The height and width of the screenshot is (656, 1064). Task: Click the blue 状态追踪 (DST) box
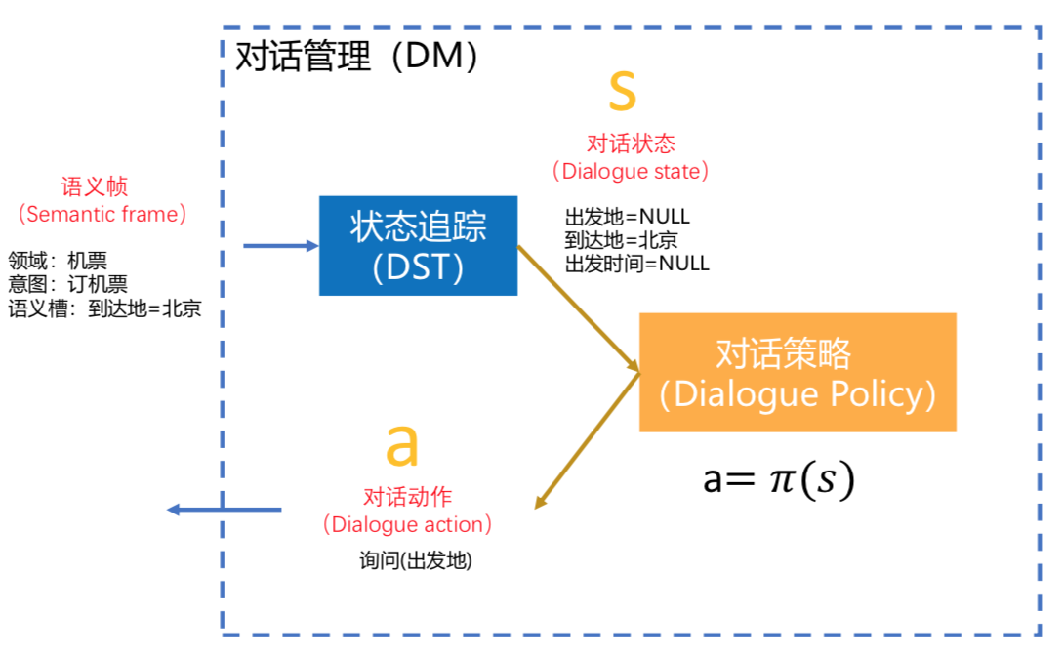(418, 245)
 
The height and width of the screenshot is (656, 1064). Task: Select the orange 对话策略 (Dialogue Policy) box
(798, 372)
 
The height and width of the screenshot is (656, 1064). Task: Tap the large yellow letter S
(622, 91)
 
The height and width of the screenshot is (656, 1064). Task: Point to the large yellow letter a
(401, 445)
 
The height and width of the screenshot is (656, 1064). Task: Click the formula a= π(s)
(779, 479)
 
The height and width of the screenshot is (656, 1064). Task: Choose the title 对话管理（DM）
(357, 57)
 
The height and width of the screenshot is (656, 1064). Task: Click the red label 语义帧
(95, 186)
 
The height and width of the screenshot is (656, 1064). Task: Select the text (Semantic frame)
(102, 213)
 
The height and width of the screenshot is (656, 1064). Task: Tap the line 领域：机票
(58, 261)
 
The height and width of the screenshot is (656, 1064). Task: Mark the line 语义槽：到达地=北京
(104, 310)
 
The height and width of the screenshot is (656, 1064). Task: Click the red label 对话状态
(631, 144)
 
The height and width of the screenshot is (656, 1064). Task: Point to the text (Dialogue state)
(631, 171)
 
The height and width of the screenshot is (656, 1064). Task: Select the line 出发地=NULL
(627, 217)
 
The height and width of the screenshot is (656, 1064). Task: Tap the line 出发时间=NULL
(636, 263)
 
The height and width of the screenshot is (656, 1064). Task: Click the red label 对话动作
(408, 498)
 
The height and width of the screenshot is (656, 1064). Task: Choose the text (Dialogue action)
(408, 524)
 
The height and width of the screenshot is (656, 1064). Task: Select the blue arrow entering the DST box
(281, 246)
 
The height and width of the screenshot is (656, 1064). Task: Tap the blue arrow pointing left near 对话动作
(224, 510)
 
